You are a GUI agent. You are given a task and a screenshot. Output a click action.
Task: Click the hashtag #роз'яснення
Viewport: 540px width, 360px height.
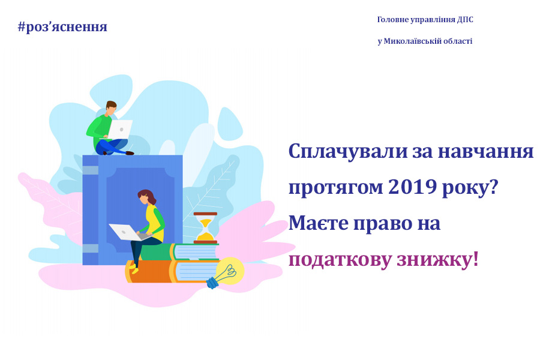click(x=62, y=26)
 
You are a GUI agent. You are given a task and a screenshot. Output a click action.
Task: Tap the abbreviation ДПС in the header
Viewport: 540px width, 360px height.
click(x=465, y=20)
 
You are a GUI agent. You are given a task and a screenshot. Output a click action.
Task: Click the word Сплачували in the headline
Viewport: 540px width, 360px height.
click(x=348, y=152)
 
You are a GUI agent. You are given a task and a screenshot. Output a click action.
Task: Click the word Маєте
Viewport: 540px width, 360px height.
click(x=319, y=223)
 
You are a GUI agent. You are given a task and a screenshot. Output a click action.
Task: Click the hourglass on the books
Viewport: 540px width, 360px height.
click(x=205, y=228)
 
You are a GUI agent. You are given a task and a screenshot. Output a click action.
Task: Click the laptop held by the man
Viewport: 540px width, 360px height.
click(x=120, y=128)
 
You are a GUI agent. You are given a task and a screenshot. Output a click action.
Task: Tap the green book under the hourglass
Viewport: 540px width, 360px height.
click(x=179, y=252)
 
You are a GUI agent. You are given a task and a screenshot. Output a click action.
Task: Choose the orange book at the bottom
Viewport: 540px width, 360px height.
click(x=172, y=271)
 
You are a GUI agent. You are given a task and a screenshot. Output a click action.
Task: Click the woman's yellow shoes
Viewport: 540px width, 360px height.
click(x=134, y=269)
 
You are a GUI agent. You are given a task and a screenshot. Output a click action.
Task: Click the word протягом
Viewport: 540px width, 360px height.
click(x=336, y=188)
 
